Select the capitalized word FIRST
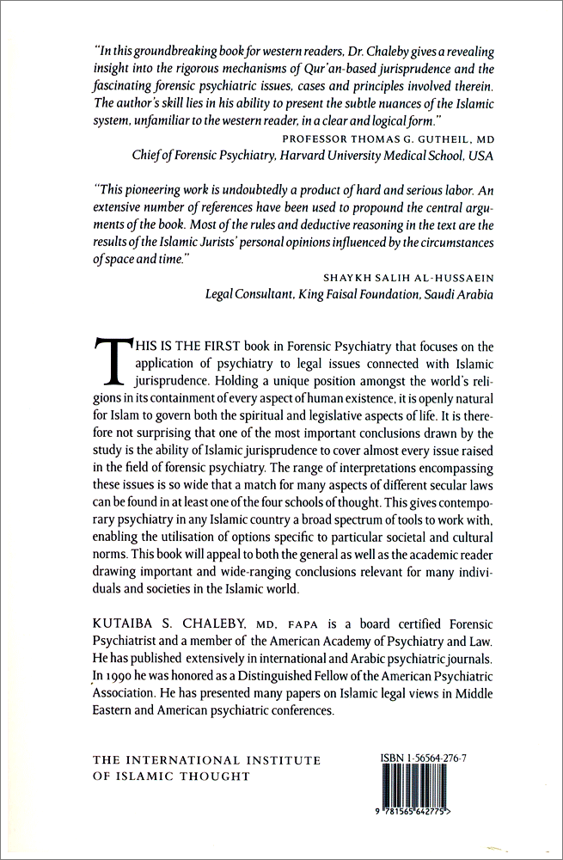click(203, 347)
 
